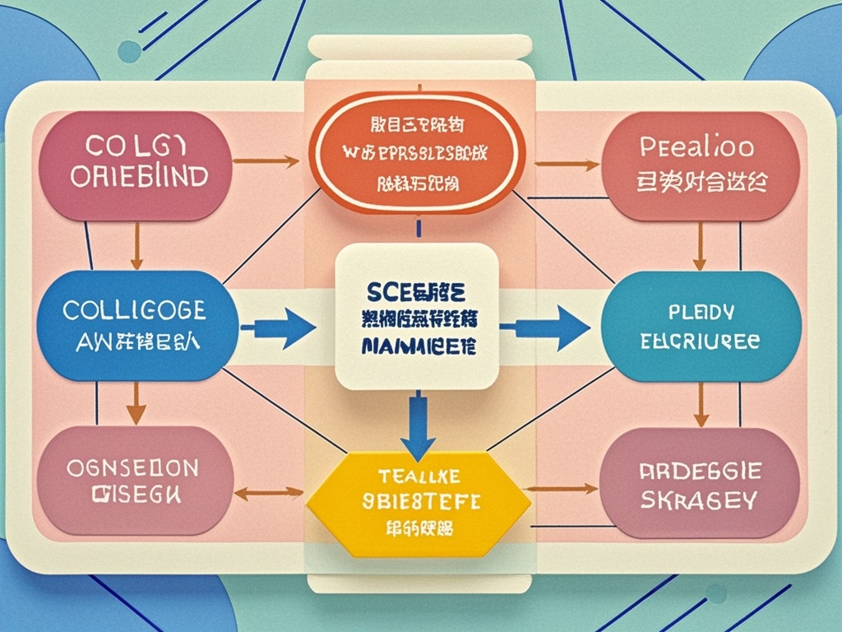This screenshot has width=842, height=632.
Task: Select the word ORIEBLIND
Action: tap(139, 177)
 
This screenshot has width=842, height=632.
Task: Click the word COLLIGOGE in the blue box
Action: tap(135, 310)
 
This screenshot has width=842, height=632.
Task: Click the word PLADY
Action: tap(701, 313)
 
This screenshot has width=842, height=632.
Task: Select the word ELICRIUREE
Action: tap(701, 342)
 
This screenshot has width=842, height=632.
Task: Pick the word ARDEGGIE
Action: tap(701, 472)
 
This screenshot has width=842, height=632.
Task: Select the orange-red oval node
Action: tap(418, 152)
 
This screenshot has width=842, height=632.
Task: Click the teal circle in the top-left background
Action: tap(129, 52)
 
